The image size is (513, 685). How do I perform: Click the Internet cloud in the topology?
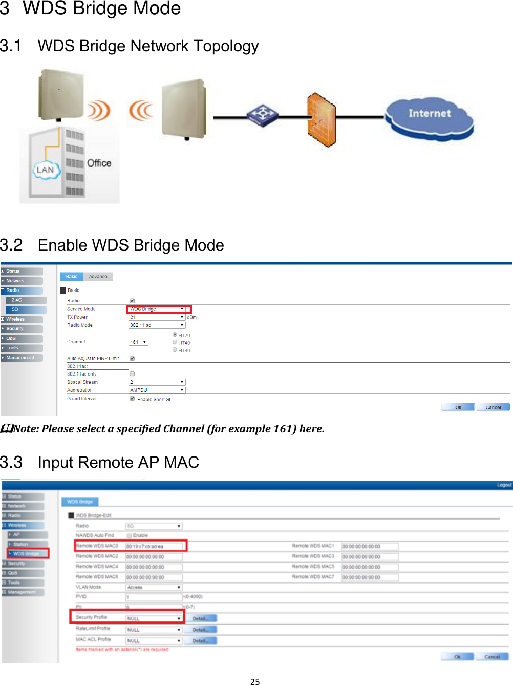(429, 118)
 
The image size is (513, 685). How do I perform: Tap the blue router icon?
(263, 115)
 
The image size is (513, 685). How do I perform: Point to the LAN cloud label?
(45, 170)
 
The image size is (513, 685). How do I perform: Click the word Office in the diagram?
(99, 163)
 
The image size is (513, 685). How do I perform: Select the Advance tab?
(98, 277)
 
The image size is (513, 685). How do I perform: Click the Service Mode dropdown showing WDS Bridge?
(158, 309)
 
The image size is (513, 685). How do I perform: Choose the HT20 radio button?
(175, 335)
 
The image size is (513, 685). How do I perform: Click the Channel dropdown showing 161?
(138, 342)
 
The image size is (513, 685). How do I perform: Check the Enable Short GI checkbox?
(132, 399)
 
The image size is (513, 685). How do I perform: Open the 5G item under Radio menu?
(26, 309)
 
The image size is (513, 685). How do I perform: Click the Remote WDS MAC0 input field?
(154, 547)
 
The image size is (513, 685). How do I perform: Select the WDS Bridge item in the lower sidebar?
(28, 554)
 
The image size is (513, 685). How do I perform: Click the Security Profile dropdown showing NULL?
(154, 619)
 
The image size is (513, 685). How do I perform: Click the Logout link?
(504, 485)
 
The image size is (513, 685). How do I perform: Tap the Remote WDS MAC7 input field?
(370, 577)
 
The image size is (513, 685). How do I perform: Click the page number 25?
(255, 681)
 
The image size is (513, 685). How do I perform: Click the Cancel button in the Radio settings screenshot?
(493, 407)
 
